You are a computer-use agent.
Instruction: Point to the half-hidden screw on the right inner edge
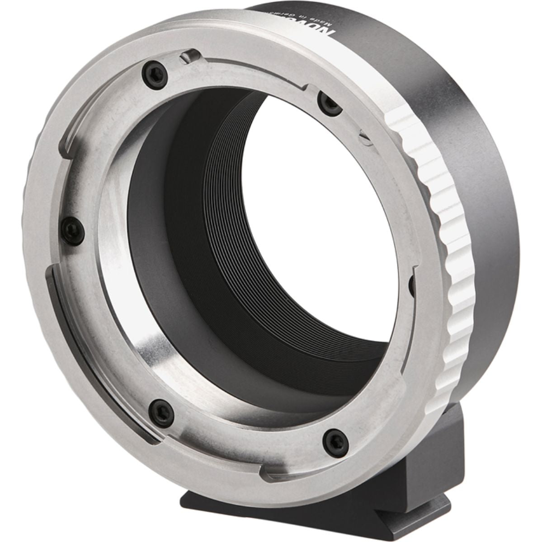[x=411, y=284]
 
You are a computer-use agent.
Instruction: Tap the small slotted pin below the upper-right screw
[x=365, y=135]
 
